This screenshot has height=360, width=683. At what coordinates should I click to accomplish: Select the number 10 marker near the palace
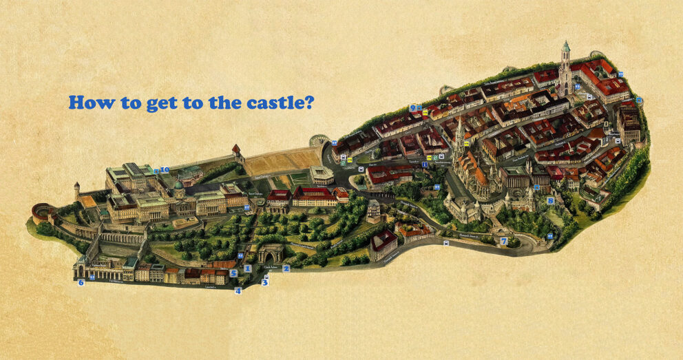click(x=165, y=169)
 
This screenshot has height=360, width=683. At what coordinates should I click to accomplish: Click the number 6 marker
click(x=81, y=282)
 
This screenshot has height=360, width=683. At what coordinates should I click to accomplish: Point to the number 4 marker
click(x=238, y=290)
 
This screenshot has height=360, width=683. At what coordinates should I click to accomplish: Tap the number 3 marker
click(x=264, y=282)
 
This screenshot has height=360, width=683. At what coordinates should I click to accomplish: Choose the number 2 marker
click(x=286, y=268)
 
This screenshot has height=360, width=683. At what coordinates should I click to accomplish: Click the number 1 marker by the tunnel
click(x=247, y=268)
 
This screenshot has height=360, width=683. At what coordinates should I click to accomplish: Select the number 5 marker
click(x=233, y=273)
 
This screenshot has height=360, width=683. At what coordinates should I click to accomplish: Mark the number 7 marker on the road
click(x=504, y=241)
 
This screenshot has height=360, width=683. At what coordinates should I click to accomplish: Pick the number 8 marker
click(x=550, y=200)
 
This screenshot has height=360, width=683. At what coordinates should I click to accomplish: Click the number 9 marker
click(x=412, y=107)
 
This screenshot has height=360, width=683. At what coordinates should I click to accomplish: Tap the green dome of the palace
click(x=178, y=185)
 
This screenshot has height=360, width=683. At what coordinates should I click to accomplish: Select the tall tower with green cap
click(x=565, y=62)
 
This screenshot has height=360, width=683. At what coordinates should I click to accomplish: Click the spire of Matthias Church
click(x=459, y=134)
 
